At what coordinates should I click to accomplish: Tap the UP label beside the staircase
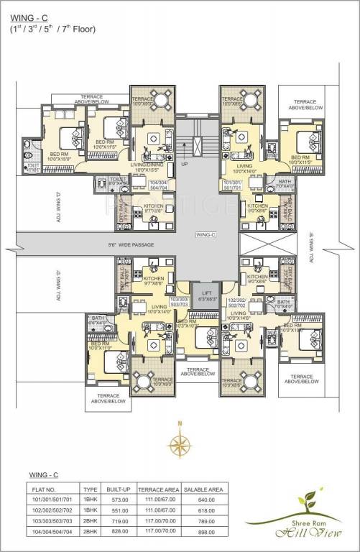point(185,164)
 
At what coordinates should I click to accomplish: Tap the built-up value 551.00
point(120,508)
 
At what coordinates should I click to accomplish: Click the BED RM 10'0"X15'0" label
point(62,155)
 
